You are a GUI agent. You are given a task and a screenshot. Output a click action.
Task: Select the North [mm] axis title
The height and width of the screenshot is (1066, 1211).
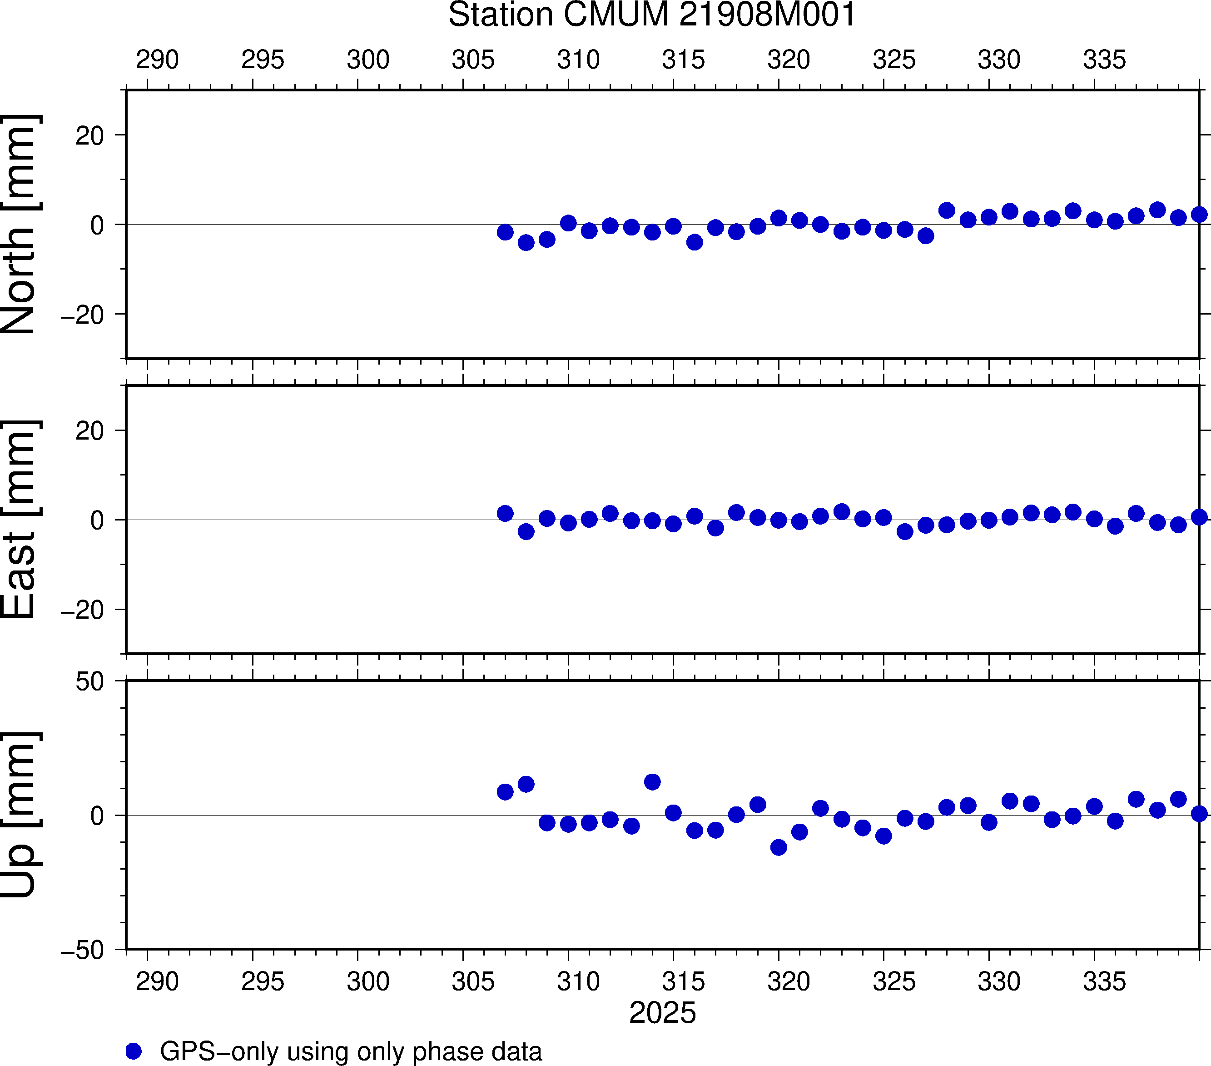[19, 224]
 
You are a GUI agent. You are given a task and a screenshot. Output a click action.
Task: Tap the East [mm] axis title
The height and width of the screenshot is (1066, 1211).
[19, 520]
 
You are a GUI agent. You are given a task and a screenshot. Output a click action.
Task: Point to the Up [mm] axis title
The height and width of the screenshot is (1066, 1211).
[19, 815]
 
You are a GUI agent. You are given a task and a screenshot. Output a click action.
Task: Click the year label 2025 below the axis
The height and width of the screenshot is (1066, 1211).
[662, 1013]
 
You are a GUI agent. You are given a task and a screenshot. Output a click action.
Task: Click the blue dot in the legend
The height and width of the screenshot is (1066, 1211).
[134, 1051]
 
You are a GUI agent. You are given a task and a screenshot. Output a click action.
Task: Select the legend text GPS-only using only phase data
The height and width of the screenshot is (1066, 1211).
[351, 1051]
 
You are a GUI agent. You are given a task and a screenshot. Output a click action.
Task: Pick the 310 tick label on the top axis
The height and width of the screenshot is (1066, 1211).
[578, 60]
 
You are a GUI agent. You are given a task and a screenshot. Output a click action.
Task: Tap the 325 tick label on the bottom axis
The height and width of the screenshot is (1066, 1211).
[894, 981]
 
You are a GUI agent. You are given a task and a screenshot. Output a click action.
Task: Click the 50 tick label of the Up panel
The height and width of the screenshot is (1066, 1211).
[89, 682]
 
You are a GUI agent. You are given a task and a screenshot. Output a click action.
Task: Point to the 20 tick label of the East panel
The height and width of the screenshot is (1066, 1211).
[89, 431]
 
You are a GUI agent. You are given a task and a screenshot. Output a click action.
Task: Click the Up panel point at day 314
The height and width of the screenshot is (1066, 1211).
[652, 782]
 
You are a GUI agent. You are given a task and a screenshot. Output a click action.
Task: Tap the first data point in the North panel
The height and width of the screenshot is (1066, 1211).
[505, 232]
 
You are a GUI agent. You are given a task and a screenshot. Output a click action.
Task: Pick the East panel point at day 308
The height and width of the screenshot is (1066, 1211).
[526, 532]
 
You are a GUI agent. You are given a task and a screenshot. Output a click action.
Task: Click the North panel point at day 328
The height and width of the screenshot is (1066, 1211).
[947, 210]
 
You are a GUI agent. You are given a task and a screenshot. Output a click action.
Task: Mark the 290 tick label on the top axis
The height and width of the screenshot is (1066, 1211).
[157, 60]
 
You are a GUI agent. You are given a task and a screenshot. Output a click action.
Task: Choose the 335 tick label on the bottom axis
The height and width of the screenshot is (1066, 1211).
[1104, 981]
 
